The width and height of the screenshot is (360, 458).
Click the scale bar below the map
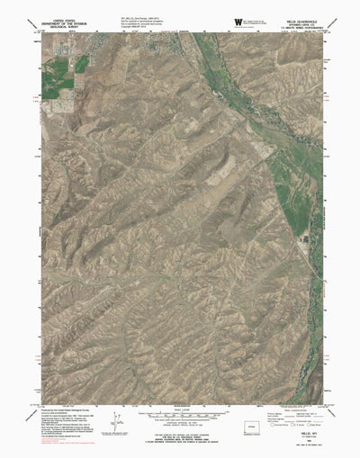pyautogui.click(x=181, y=410)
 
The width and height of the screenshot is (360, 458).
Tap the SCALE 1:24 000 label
pyautogui.click(x=181, y=405)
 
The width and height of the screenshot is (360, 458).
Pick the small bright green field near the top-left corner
pyautogui.click(x=82, y=64)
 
